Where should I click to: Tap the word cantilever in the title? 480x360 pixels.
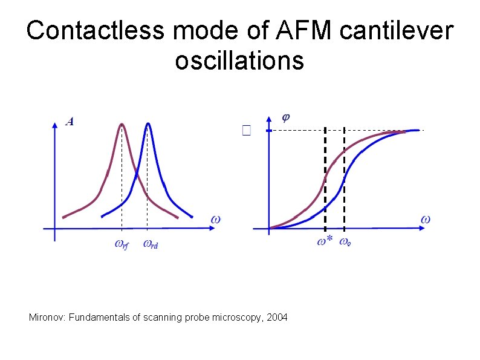395,31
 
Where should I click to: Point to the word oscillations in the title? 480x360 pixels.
239,61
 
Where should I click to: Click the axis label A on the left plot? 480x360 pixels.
70,122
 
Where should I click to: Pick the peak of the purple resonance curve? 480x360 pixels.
122,125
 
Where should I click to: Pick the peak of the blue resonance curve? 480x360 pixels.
148,125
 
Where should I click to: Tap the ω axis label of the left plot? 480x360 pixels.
215,218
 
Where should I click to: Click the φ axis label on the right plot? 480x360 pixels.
286,116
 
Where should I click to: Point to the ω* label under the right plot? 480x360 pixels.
325,242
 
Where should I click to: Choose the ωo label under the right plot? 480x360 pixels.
345,242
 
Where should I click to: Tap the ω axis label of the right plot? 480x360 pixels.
426,218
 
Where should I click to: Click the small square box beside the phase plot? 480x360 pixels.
245,130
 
